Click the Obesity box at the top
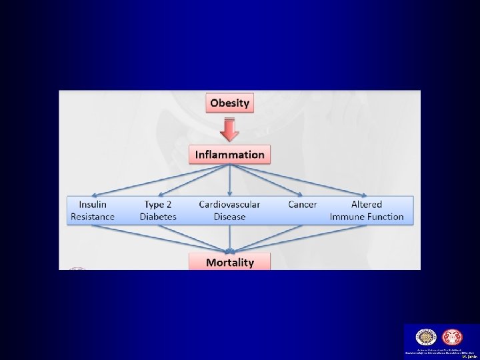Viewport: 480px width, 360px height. click(230, 103)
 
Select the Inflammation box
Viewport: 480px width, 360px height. click(230, 155)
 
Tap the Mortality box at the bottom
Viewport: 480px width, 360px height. click(230, 262)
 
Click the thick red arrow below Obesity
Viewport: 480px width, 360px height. click(230, 129)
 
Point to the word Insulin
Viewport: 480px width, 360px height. click(93, 204)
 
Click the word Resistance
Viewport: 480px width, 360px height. click(93, 217)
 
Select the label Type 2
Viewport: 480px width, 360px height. click(158, 204)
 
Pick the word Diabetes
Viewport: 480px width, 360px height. click(158, 217)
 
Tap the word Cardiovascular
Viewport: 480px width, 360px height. click(229, 204)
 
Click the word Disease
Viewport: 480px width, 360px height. click(229, 217)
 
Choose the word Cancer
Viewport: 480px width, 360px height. click(302, 204)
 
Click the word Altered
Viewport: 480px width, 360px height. click(367, 204)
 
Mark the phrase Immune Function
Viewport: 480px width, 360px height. click(367, 217)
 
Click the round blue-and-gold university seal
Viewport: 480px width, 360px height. click(425, 337)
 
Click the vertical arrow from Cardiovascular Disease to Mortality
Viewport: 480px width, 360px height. click(230, 239)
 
